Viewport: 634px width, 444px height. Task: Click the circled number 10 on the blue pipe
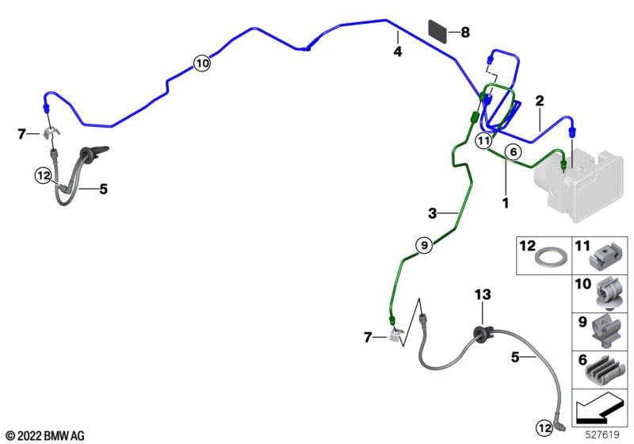(201, 63)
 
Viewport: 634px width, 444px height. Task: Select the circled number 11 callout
(484, 141)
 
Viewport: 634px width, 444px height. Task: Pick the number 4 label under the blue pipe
(398, 52)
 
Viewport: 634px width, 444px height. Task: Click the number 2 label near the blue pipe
(539, 101)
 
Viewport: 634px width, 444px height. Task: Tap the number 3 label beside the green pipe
(433, 213)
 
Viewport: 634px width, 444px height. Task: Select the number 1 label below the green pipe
(504, 203)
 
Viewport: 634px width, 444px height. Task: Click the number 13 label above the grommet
(483, 295)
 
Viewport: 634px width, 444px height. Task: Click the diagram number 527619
(605, 434)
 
